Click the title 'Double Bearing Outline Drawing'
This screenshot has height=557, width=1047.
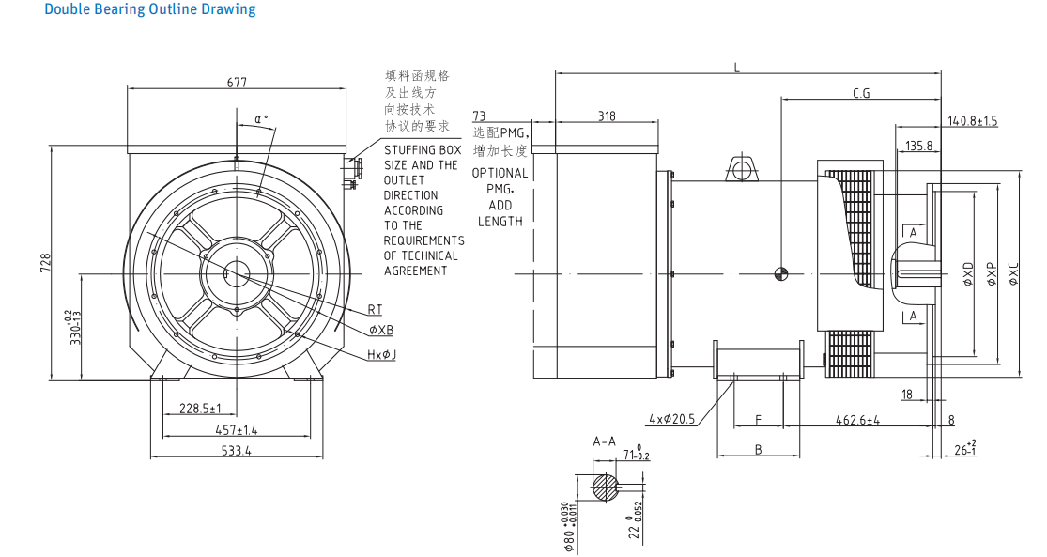[x=149, y=9]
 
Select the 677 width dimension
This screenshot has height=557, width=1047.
[x=237, y=83]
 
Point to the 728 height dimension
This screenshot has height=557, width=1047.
[x=45, y=263]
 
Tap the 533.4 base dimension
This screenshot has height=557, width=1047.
[x=236, y=451]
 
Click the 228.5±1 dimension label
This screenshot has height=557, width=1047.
[x=199, y=409]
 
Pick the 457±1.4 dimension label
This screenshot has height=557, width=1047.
[x=237, y=429]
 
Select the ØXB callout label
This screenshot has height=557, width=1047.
[x=381, y=330]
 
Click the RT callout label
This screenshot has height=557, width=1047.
[x=375, y=309]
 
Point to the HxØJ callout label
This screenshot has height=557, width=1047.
[x=382, y=354]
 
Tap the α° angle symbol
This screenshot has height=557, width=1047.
[x=261, y=119]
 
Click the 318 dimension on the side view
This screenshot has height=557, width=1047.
[x=607, y=116]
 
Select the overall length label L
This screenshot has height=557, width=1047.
[x=737, y=67]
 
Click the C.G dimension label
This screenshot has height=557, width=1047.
[x=861, y=93]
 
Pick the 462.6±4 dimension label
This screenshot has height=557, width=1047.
[x=858, y=420]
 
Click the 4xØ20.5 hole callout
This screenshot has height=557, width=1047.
[x=671, y=419]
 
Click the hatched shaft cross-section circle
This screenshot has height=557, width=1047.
[x=606, y=486]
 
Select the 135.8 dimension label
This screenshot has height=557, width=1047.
[x=919, y=146]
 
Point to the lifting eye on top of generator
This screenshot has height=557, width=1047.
[x=742, y=170]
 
